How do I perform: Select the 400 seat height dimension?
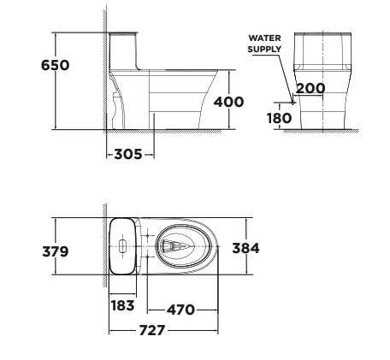(x=228, y=102)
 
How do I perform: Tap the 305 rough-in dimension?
(x=130, y=155)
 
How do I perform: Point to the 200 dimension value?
(x=310, y=88)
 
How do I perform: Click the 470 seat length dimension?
(x=180, y=309)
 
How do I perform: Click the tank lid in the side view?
(x=126, y=35)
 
